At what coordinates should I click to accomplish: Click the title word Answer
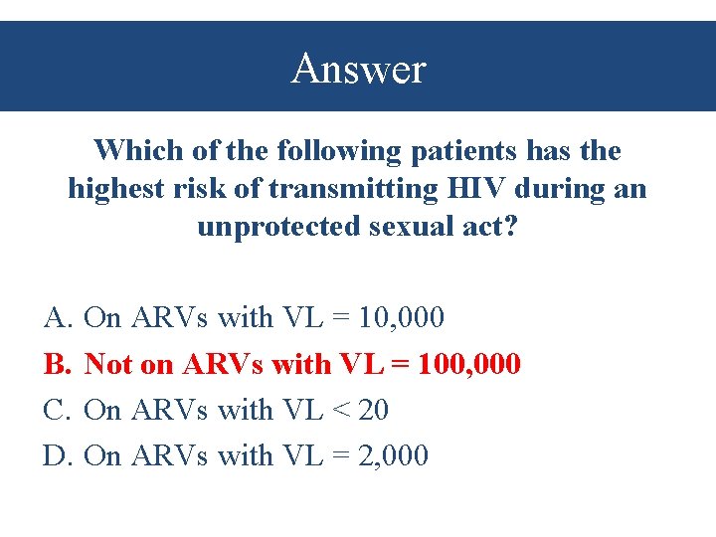point(358,69)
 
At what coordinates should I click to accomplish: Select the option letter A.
point(55,318)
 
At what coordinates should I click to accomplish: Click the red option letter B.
point(55,364)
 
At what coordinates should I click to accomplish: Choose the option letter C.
point(55,410)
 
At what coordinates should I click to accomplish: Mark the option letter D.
point(55,455)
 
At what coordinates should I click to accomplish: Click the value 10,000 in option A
point(402,318)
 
